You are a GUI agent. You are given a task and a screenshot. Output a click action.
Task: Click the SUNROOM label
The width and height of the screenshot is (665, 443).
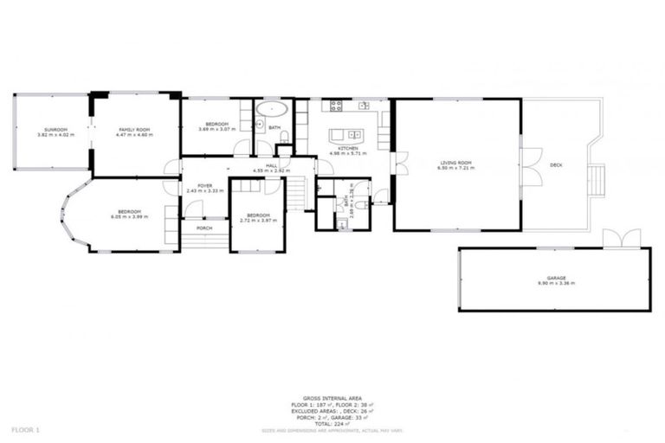[x=52, y=129]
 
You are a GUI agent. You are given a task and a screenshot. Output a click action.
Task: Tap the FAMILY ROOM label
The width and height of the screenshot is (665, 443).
[x=136, y=129]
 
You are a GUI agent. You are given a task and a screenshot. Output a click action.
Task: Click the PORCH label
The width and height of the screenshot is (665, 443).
[x=204, y=228]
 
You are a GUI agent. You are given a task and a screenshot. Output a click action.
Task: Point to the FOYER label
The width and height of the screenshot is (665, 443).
[x=204, y=185]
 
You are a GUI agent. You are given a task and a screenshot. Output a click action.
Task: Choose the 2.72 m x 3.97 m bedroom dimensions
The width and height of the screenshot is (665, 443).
[x=258, y=220]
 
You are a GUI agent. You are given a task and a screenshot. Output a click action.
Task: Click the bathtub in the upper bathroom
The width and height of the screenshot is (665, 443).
[x=274, y=111]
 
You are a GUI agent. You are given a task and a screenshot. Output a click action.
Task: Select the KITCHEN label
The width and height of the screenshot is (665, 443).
[x=348, y=149]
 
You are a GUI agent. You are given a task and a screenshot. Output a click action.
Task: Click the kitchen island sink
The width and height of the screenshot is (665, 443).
[x=353, y=134]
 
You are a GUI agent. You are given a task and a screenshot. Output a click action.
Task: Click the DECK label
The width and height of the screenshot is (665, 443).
[x=556, y=164]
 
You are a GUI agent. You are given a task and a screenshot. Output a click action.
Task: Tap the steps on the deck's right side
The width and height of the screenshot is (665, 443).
[x=596, y=180]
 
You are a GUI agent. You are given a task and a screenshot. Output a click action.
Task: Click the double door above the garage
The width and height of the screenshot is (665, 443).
[x=622, y=238]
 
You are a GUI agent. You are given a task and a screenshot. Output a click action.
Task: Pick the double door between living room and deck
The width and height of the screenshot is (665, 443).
[x=530, y=166]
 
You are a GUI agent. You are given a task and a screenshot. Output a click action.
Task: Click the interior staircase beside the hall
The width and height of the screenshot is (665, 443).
[x=297, y=192]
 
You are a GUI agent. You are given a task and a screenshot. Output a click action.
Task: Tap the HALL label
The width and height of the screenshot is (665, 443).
[x=271, y=164]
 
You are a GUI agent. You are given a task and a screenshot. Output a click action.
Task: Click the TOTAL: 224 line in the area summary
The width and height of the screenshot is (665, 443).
[x=332, y=424]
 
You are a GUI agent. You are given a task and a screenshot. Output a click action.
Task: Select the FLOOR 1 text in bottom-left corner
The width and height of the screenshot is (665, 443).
[x=25, y=429]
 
